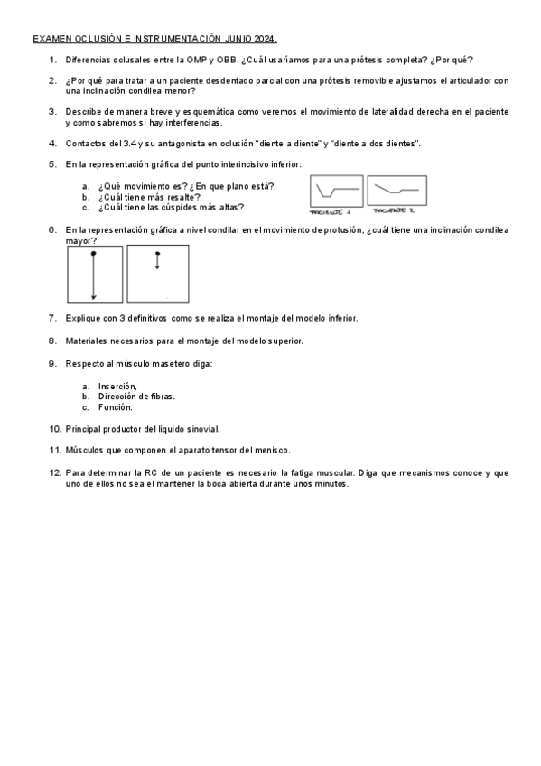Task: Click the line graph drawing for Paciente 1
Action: coord(335,191)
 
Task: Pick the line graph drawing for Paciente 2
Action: coord(396,190)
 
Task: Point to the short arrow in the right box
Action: coord(157,261)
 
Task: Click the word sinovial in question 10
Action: coord(201,428)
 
